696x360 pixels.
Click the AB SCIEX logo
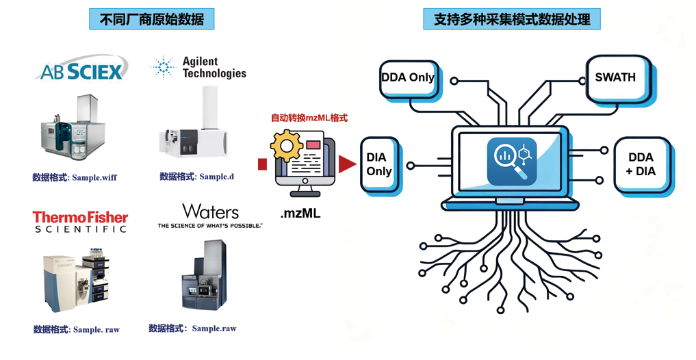tap(81, 70)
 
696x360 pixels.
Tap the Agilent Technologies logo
tap(198, 67)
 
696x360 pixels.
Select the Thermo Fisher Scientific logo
tap(80, 221)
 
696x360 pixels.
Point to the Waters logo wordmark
tap(210, 211)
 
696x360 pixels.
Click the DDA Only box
tap(408, 77)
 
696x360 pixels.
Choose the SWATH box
tap(615, 77)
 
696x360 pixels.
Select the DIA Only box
tap(378, 164)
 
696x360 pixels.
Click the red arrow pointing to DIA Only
tap(348, 164)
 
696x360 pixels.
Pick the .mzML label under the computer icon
tap(300, 214)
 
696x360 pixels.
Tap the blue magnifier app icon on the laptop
tap(511, 162)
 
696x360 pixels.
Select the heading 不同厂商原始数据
tap(151, 19)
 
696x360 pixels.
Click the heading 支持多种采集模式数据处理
tap(511, 19)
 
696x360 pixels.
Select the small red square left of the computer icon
tap(262, 164)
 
